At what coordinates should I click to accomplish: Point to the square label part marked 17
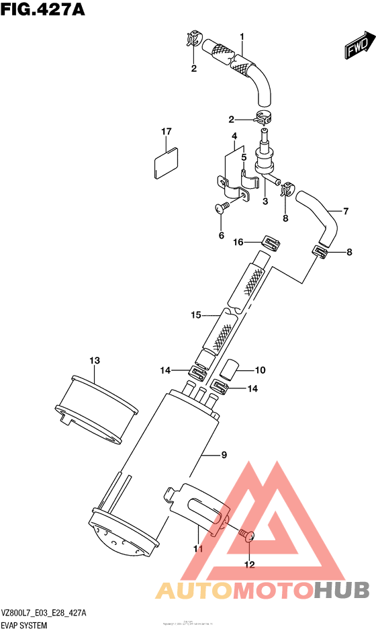click(166, 163)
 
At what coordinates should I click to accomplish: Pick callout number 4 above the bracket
click(234, 136)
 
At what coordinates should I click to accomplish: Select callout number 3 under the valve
click(265, 201)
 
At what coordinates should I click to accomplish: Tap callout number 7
click(346, 212)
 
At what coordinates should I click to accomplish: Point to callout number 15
click(196, 314)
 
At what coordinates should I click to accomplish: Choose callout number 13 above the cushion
click(95, 361)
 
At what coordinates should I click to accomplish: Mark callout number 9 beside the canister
click(224, 455)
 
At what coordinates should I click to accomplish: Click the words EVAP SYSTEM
click(23, 626)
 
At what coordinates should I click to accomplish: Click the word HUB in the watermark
click(342, 590)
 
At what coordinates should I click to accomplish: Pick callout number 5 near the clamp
click(244, 157)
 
